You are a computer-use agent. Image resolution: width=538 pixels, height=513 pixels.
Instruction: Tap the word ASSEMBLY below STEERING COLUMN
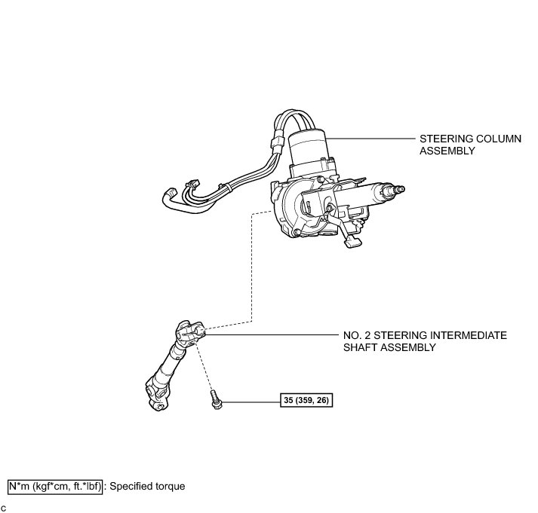click(x=447, y=151)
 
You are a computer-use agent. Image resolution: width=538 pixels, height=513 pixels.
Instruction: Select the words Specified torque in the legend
click(x=147, y=486)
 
